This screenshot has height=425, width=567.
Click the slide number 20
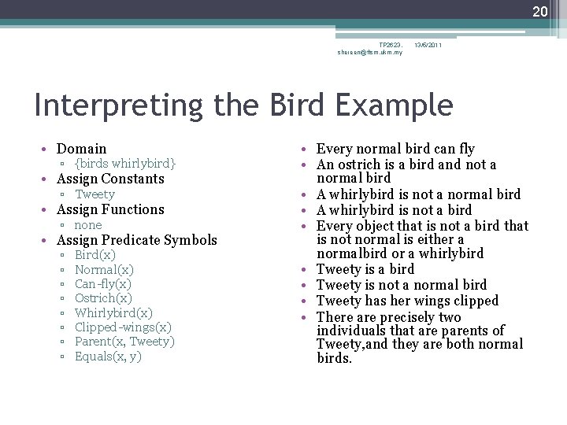point(539,11)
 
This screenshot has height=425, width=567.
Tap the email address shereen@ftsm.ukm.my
point(369,53)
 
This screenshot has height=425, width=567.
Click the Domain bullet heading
point(81,149)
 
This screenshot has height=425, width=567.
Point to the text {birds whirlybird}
point(125,164)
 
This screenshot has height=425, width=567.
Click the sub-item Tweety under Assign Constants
point(94,194)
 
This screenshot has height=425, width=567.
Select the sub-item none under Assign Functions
point(88,225)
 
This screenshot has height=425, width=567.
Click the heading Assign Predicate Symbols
point(136,240)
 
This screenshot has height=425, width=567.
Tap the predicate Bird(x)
point(94,255)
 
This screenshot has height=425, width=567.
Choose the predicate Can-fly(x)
point(102,284)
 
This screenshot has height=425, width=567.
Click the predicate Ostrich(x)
point(103,298)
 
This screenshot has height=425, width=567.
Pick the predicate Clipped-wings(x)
point(122,327)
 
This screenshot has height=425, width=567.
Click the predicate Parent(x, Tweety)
point(124,342)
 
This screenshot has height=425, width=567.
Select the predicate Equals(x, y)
point(108,357)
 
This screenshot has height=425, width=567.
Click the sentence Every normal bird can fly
point(395,149)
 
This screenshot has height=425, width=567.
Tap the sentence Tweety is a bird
point(365,269)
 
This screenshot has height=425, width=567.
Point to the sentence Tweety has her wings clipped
point(407,301)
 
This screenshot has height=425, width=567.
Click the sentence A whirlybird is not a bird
point(394,210)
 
